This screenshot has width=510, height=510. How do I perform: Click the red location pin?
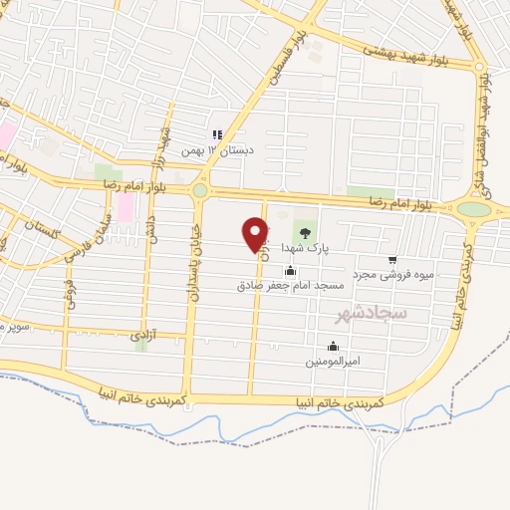coord(256,234)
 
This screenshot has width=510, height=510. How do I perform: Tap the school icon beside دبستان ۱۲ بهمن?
coord(215,135)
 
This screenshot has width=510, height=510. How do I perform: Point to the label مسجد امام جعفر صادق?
coord(290,285)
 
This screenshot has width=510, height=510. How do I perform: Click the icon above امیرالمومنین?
coord(333,346)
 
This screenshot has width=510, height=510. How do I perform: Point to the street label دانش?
coord(151,228)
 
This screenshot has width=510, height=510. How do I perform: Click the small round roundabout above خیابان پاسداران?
coord(199,189)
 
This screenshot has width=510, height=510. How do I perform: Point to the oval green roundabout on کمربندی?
coord(474,209)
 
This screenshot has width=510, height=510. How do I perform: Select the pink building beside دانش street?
coord(126,206)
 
